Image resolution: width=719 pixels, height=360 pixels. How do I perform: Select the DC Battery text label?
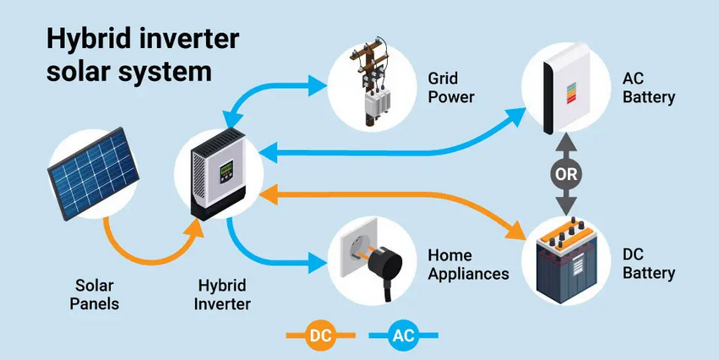(649, 265)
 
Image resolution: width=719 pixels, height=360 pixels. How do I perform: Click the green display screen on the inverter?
(225, 172)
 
